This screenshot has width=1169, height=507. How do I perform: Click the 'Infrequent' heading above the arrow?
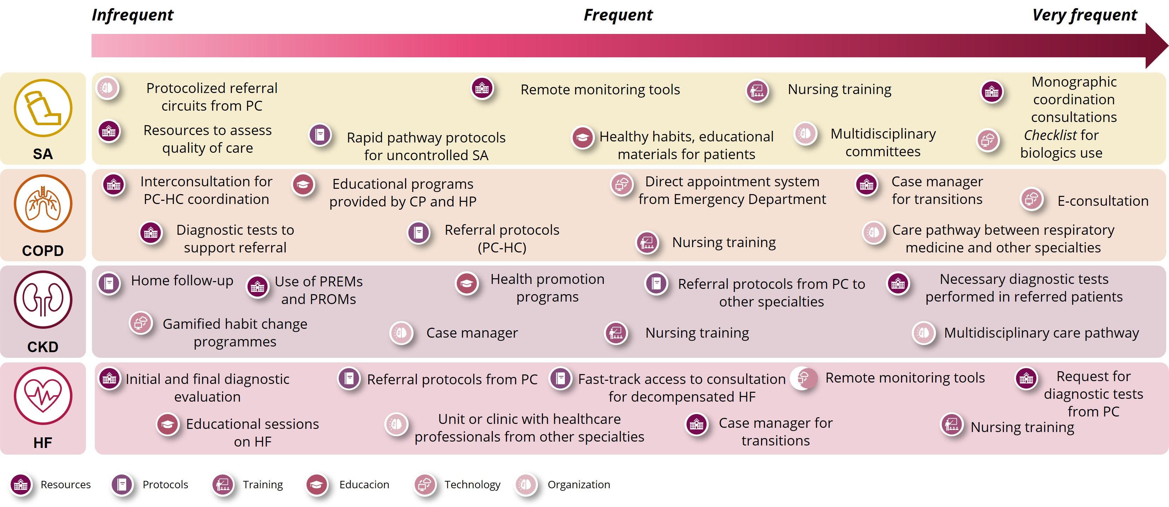[133, 15]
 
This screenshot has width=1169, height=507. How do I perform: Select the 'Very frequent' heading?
[1085, 15]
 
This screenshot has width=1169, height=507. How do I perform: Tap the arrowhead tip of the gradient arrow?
[1168, 46]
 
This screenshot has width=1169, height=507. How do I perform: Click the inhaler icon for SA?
[43, 108]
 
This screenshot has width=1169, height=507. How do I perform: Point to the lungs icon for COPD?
[43, 204]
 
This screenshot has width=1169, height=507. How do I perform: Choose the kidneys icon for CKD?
[43, 299]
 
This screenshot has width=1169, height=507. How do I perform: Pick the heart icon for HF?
[43, 396]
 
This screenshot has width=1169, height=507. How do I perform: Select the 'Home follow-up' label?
[182, 280]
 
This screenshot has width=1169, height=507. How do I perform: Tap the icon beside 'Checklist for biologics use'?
[988, 140]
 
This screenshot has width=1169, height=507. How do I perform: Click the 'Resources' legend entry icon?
[21, 485]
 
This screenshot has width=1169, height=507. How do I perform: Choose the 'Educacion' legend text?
[364, 485]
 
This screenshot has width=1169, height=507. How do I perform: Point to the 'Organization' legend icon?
[526, 485]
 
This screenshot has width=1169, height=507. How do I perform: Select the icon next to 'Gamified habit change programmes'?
[141, 323]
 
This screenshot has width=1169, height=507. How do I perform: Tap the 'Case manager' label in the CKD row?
[472, 333]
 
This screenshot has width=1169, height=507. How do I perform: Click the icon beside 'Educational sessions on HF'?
[168, 424]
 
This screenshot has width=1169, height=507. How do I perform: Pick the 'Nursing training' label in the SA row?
[840, 89]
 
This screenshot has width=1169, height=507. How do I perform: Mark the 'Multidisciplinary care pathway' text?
[1041, 333]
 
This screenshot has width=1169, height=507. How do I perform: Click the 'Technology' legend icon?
[425, 485]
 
